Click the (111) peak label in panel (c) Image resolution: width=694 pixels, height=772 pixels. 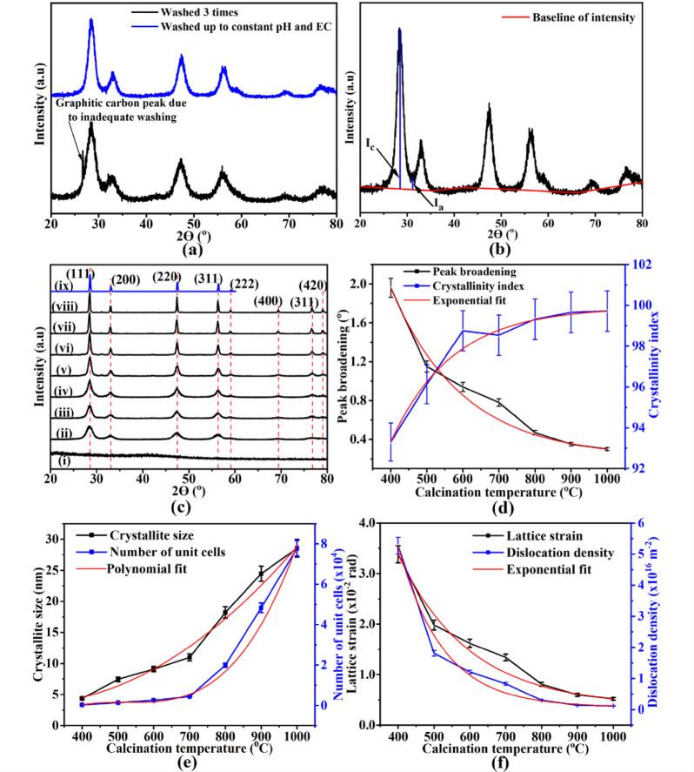point(80,273)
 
